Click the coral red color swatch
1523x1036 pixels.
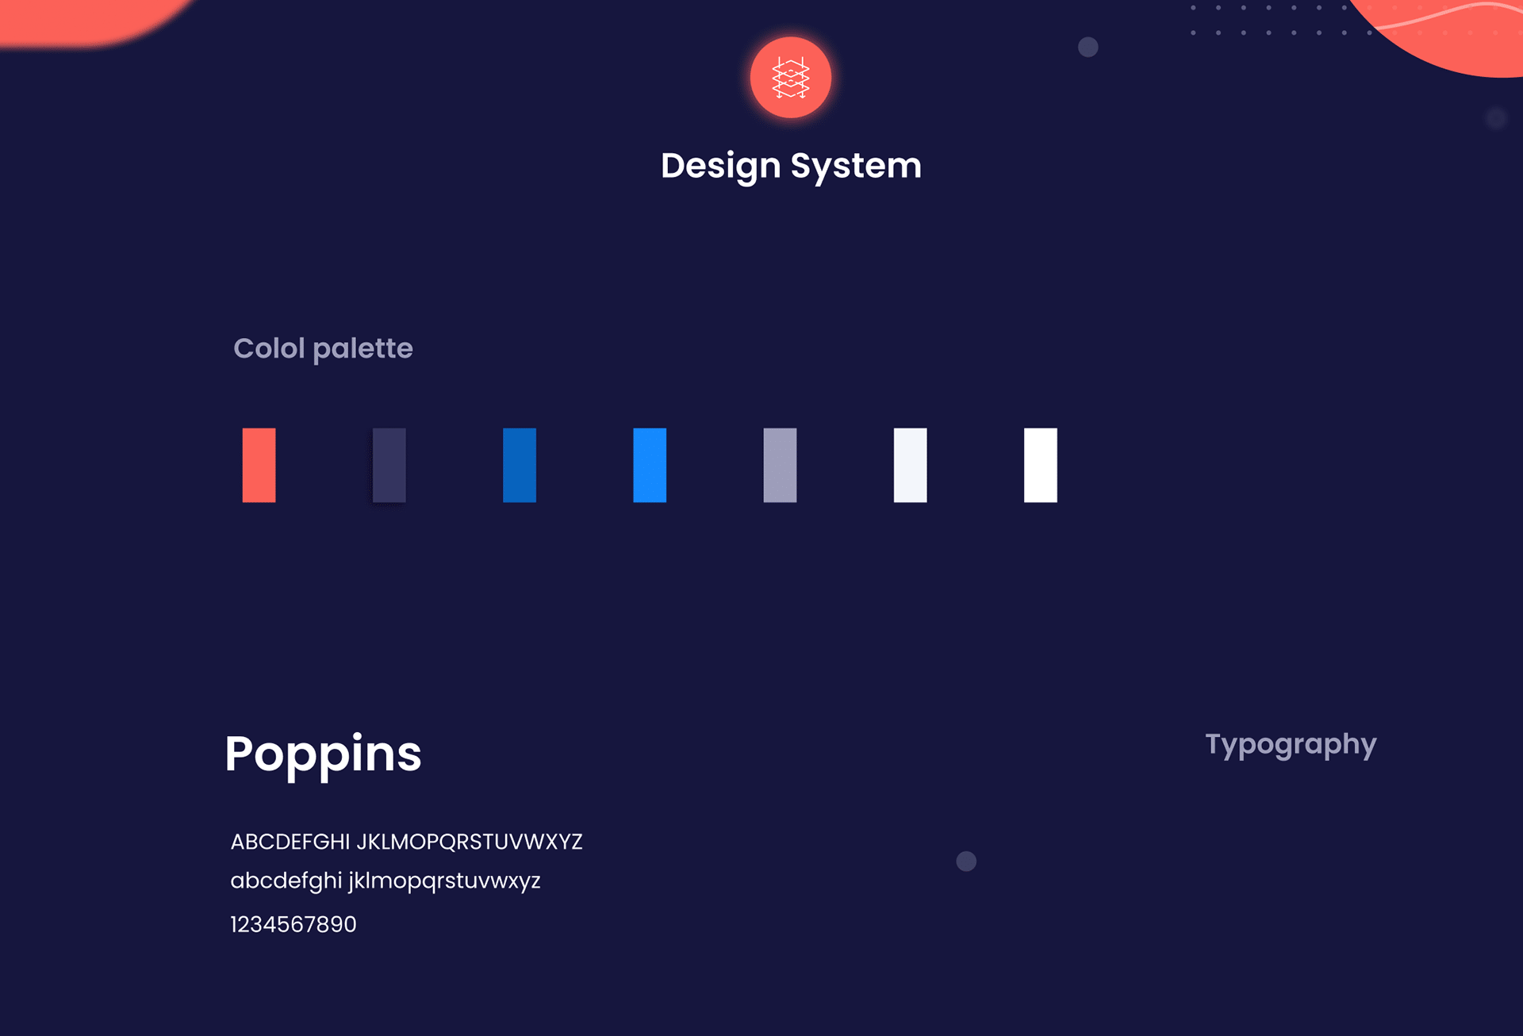(x=259, y=465)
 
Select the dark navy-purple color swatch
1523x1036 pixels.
(x=389, y=465)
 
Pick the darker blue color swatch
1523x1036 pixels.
(x=520, y=465)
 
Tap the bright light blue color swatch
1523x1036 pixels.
(x=650, y=465)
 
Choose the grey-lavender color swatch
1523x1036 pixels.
(x=780, y=465)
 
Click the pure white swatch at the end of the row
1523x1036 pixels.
(x=1041, y=465)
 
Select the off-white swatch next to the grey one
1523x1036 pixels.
(x=910, y=465)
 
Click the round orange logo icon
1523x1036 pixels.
(x=791, y=78)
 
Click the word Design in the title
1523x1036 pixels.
(x=721, y=167)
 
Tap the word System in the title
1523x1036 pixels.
(x=856, y=167)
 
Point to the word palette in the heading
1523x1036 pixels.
(x=363, y=349)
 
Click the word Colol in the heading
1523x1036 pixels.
(x=269, y=348)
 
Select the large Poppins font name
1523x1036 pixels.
(x=323, y=755)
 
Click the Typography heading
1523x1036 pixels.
(x=1291, y=745)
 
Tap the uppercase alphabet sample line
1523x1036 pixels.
(x=406, y=842)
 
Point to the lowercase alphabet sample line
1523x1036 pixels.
(x=386, y=881)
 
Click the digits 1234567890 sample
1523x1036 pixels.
(x=293, y=924)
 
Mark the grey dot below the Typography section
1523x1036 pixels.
(x=966, y=861)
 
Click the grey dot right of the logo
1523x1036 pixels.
(x=1088, y=48)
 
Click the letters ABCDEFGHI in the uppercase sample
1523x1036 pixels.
(x=290, y=842)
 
